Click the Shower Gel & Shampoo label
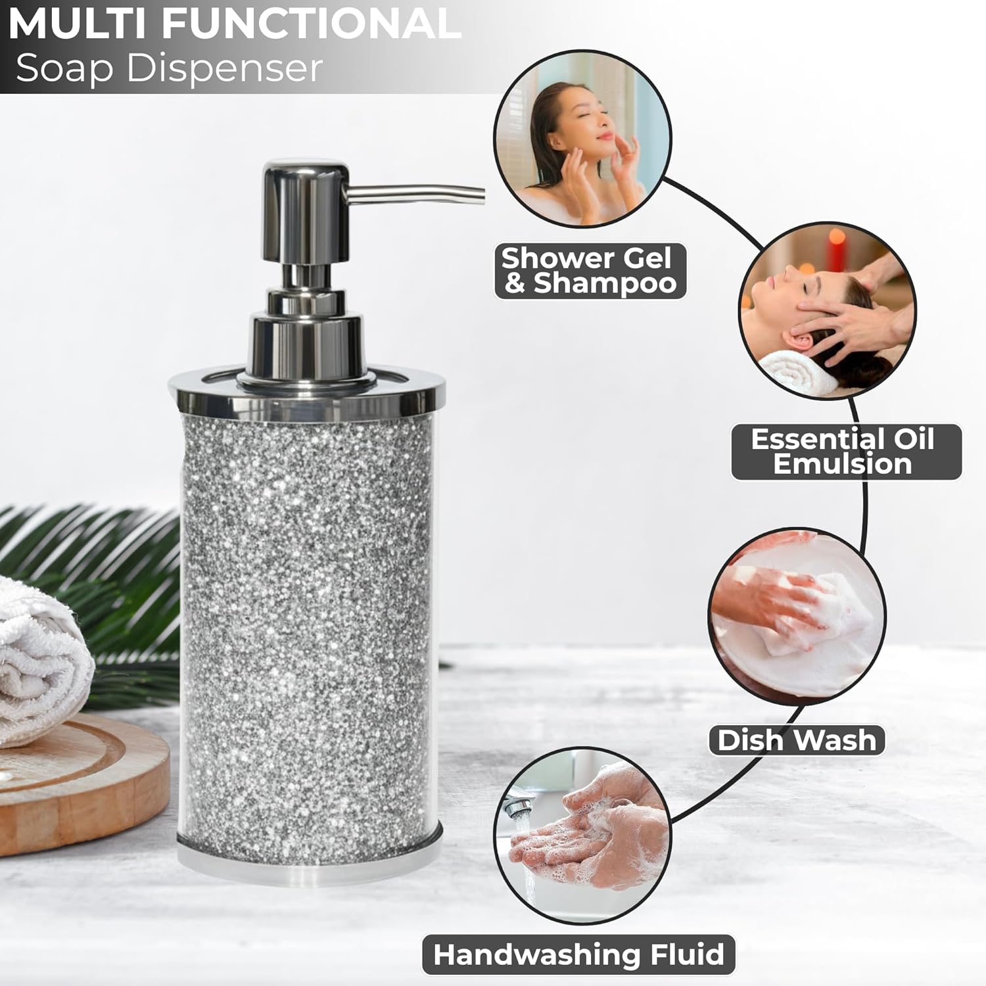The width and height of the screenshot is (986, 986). click(x=588, y=270)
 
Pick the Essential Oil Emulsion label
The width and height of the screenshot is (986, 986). click(x=844, y=452)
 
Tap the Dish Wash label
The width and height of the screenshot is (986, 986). click(x=796, y=741)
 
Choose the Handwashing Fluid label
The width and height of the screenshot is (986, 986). click(x=578, y=954)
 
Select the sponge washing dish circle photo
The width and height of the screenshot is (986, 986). click(x=797, y=616)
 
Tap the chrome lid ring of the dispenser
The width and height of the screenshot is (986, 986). click(x=306, y=395)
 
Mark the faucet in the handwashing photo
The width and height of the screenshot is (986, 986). click(x=519, y=805)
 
